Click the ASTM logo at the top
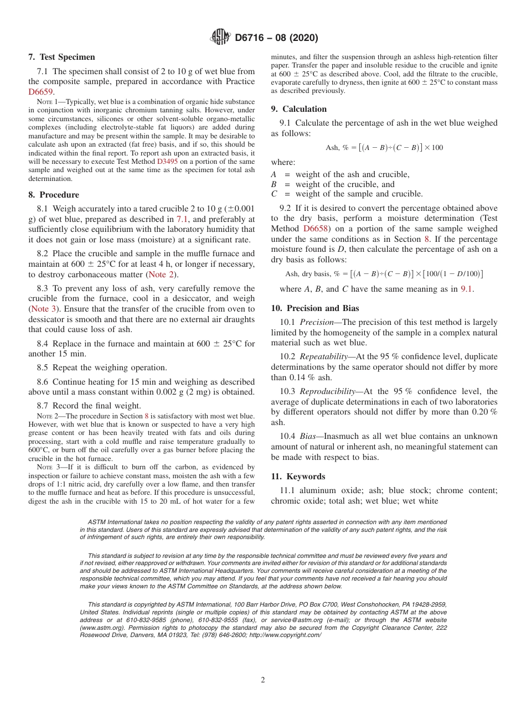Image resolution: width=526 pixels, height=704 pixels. (x=220, y=37)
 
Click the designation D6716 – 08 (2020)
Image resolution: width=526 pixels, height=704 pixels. (x=276, y=38)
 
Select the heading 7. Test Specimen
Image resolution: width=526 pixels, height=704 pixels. (x=61, y=57)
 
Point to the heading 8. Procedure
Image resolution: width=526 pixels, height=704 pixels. (x=54, y=195)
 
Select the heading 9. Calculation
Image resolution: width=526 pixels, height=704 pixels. (x=299, y=109)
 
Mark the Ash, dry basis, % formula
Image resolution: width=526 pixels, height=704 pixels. (x=384, y=274)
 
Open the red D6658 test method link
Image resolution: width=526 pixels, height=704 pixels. (x=317, y=229)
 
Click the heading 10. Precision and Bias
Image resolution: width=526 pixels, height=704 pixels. (x=315, y=308)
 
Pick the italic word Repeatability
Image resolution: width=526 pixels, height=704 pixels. (x=324, y=357)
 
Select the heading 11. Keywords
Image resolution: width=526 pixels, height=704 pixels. (x=298, y=477)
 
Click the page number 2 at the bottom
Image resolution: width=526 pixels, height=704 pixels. (x=263, y=680)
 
